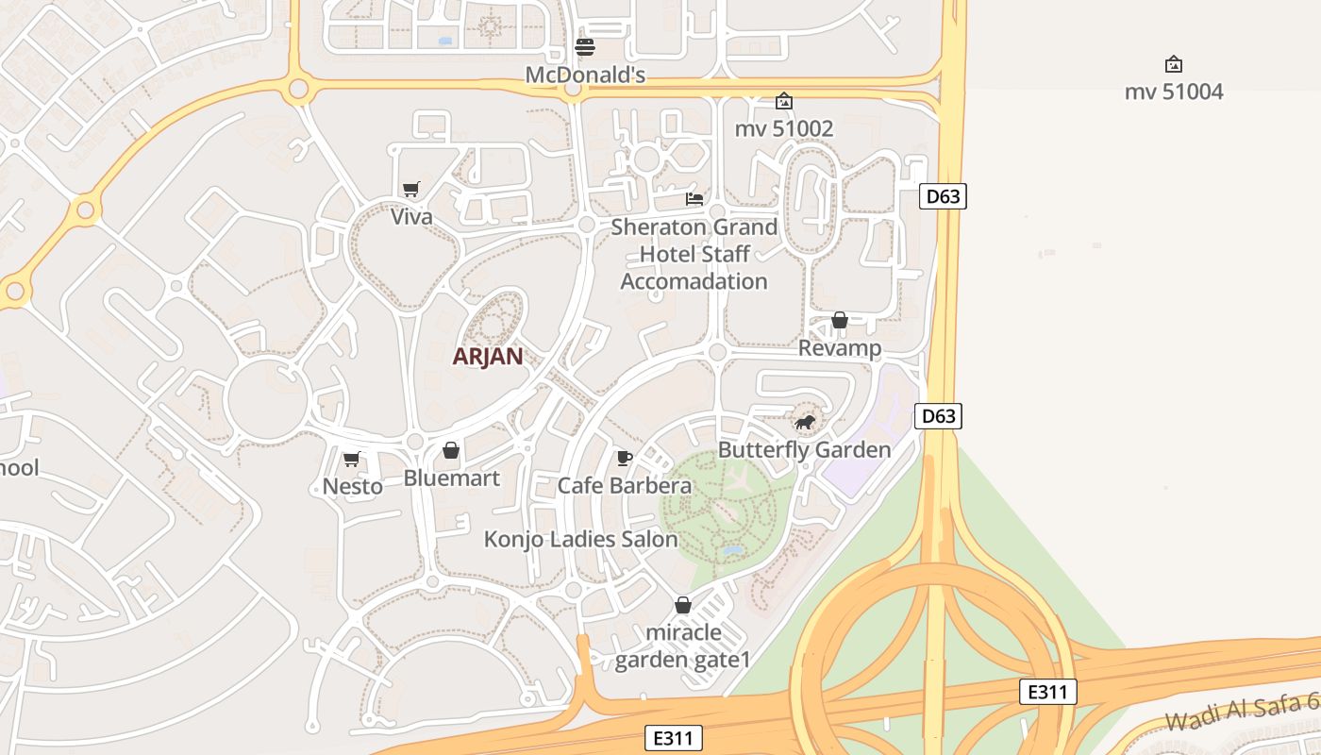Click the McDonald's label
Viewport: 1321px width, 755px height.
click(x=585, y=75)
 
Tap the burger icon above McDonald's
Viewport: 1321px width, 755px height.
click(x=585, y=47)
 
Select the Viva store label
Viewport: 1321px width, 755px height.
click(x=411, y=217)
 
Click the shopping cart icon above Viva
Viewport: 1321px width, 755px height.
click(x=410, y=190)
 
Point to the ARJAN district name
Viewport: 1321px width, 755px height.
click(x=488, y=357)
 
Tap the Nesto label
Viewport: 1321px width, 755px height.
click(x=353, y=487)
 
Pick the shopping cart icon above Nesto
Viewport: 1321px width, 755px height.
click(x=352, y=460)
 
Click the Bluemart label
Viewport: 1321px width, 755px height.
click(x=451, y=478)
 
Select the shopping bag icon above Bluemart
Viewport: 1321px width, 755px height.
click(x=451, y=450)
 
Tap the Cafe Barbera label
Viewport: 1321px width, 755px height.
click(x=625, y=486)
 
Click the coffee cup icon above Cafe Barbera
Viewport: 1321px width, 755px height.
click(x=624, y=459)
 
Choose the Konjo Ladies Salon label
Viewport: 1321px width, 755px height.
click(x=581, y=540)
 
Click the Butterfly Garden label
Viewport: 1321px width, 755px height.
click(x=805, y=450)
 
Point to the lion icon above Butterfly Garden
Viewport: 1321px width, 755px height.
click(x=804, y=422)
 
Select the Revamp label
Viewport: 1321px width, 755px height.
click(x=840, y=348)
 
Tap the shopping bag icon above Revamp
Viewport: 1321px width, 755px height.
click(x=840, y=321)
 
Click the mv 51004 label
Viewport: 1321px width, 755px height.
click(x=1174, y=92)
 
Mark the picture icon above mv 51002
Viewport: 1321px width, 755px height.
click(x=784, y=101)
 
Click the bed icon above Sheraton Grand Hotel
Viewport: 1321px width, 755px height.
click(x=694, y=199)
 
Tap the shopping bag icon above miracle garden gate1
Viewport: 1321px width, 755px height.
click(x=683, y=605)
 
